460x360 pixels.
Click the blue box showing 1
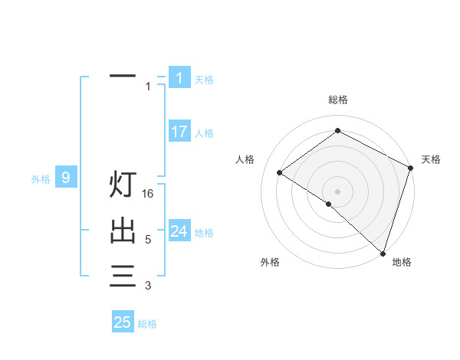coord(179,77)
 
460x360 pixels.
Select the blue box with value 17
coord(179,132)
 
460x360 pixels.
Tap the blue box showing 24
coord(179,231)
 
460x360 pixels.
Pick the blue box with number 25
coord(123,322)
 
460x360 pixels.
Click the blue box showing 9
coord(66,178)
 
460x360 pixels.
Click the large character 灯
coord(123,185)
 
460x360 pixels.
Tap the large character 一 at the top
coord(123,77)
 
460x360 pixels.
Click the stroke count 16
coord(149,194)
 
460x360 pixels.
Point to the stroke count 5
coord(148,240)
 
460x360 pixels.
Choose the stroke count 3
coord(148,286)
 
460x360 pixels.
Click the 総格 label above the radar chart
coord(338,100)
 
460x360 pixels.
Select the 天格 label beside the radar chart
coord(431,159)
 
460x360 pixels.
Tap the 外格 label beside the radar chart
coord(270,262)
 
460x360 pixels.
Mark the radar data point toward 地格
coord(383,253)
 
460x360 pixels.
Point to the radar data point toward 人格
coord(280,172)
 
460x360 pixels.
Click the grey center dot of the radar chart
coord(337,191)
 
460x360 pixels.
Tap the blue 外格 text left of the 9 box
coord(41,179)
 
